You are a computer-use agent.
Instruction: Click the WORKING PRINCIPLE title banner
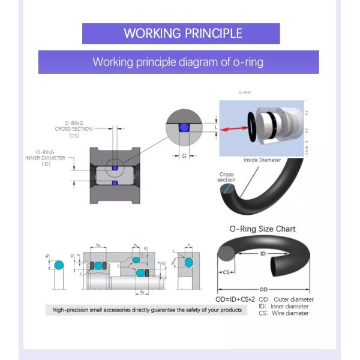click(181, 33)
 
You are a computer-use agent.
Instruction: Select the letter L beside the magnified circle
click(216, 127)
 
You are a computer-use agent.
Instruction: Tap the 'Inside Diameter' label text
click(262, 160)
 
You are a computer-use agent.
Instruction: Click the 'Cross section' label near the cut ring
click(227, 177)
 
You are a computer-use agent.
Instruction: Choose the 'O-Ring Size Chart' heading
click(262, 229)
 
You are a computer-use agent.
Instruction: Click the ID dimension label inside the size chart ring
click(262, 254)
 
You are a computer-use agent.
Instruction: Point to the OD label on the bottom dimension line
click(263, 289)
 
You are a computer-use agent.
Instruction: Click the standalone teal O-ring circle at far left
click(58, 265)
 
